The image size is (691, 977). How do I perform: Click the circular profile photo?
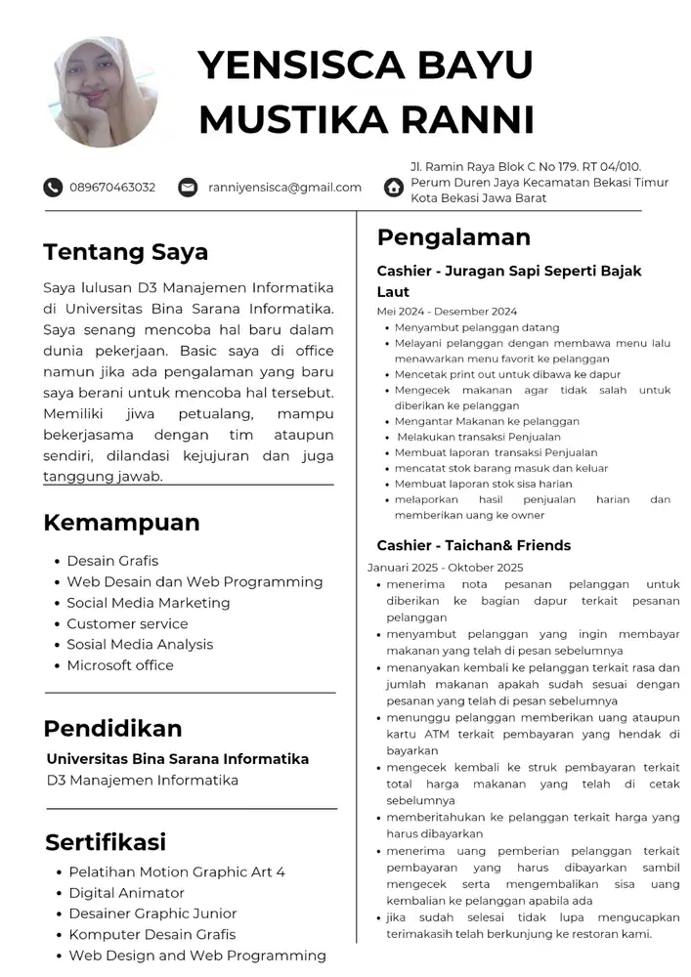103,92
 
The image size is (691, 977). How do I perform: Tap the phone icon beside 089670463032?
53,187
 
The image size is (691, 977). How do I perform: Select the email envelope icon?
188,187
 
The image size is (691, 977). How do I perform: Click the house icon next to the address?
394,187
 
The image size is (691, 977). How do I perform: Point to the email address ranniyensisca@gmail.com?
284,187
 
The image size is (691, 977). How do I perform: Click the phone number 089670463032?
112,187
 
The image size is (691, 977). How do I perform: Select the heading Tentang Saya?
125,252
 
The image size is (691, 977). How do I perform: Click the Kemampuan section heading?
121,523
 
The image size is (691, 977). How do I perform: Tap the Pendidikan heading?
112,729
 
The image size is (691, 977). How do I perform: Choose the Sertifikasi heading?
106,842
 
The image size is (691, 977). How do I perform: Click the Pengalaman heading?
453,237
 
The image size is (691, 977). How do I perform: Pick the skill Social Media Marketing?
148,603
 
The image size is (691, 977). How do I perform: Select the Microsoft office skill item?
119,665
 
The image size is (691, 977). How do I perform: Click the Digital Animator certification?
126,893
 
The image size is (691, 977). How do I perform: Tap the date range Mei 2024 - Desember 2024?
447,311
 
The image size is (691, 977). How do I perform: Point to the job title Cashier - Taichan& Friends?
473,545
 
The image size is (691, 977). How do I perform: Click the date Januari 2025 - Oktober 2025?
445,567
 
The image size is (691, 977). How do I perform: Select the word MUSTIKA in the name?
280,119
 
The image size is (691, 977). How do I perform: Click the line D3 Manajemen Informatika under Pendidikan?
143,781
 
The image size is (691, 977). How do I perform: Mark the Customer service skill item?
127,623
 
